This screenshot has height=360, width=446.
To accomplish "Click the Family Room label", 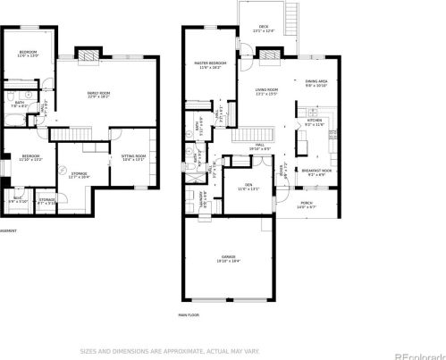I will pyautogui.click(x=98, y=95).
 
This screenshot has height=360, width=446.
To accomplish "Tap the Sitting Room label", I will pyautogui.click(x=131, y=158).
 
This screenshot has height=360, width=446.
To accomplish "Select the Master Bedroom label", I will pyautogui.click(x=211, y=64).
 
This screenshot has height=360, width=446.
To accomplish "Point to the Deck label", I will pyautogui.click(x=264, y=29).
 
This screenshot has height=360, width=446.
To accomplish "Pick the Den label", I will pyautogui.click(x=248, y=187).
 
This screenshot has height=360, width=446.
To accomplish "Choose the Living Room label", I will pyautogui.click(x=267, y=91).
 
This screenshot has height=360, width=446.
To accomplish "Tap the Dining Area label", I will pyautogui.click(x=316, y=82).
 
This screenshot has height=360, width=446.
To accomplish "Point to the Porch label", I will pyautogui.click(x=307, y=205).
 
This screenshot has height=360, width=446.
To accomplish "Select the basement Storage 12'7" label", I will pyautogui.click(x=80, y=175).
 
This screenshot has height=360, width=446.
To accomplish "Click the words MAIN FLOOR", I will pyautogui.click(x=188, y=315).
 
